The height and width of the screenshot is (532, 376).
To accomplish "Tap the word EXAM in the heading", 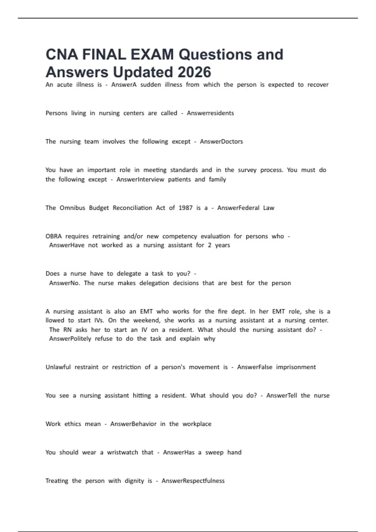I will point(152,54).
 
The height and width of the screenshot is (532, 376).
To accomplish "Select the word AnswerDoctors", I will point(221,141).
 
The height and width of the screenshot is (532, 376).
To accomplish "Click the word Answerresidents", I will point(210,113).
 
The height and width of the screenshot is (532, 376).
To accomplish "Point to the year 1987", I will point(185,208).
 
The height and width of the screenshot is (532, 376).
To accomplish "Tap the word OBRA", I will point(54,236).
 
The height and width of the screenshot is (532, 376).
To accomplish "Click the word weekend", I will point(145,320).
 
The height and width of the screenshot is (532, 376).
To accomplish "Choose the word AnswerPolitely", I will point(70,339).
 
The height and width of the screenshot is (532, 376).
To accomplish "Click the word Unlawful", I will point(58,367).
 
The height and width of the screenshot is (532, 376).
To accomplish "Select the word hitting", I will point(142,396).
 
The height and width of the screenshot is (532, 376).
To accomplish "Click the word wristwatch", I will point(123,453).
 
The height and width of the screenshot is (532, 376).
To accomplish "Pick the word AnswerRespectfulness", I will point(193,481).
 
